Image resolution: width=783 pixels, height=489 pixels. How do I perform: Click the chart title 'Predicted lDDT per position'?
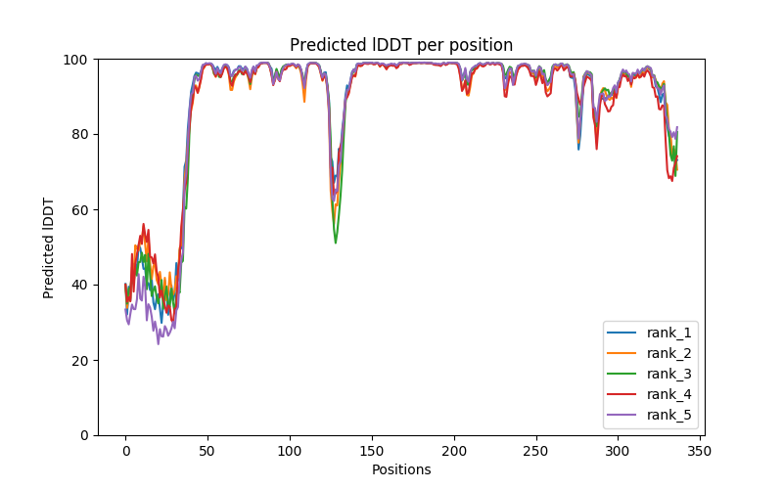point(401,45)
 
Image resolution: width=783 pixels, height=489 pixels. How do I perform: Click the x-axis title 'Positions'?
point(401,469)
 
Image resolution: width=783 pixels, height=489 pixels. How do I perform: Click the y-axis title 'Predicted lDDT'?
point(49,246)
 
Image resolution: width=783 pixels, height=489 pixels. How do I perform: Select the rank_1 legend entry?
point(668,333)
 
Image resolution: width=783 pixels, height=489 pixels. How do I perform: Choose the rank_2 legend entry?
point(668,353)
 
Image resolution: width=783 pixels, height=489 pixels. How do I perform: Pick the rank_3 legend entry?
point(668,374)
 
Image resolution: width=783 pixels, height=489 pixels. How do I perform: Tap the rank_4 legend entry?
point(668,394)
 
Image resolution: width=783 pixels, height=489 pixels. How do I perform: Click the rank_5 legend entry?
point(668,415)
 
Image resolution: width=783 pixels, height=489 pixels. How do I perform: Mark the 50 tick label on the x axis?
point(207,451)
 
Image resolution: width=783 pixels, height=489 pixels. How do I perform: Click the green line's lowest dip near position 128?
point(336,243)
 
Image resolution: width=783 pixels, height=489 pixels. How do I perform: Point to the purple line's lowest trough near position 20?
point(159,343)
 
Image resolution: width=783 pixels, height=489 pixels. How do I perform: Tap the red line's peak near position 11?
point(144,224)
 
